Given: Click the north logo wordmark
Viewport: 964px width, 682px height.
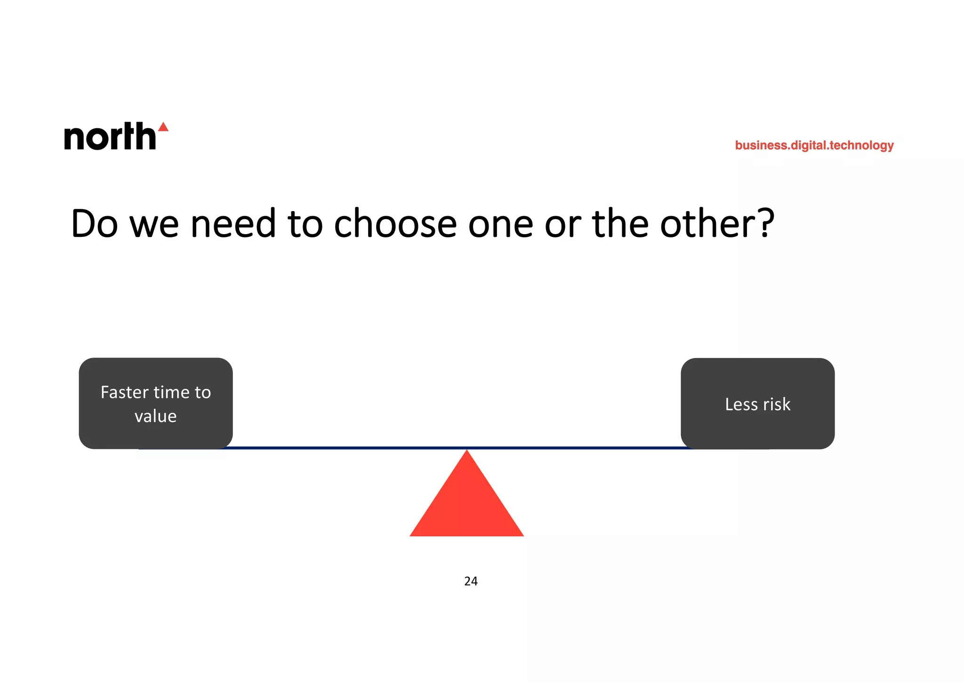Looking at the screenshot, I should [110, 137].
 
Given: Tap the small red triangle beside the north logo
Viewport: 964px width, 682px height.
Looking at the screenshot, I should [163, 127].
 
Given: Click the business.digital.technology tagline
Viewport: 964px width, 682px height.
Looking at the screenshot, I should [814, 145].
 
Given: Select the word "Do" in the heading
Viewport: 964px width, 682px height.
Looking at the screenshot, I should [94, 224].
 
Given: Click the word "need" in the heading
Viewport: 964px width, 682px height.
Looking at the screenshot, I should [233, 224].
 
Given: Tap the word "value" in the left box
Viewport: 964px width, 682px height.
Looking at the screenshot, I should [156, 416].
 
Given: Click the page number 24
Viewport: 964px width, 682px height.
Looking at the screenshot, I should [471, 581].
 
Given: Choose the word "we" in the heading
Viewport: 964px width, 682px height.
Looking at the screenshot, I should [154, 225].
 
